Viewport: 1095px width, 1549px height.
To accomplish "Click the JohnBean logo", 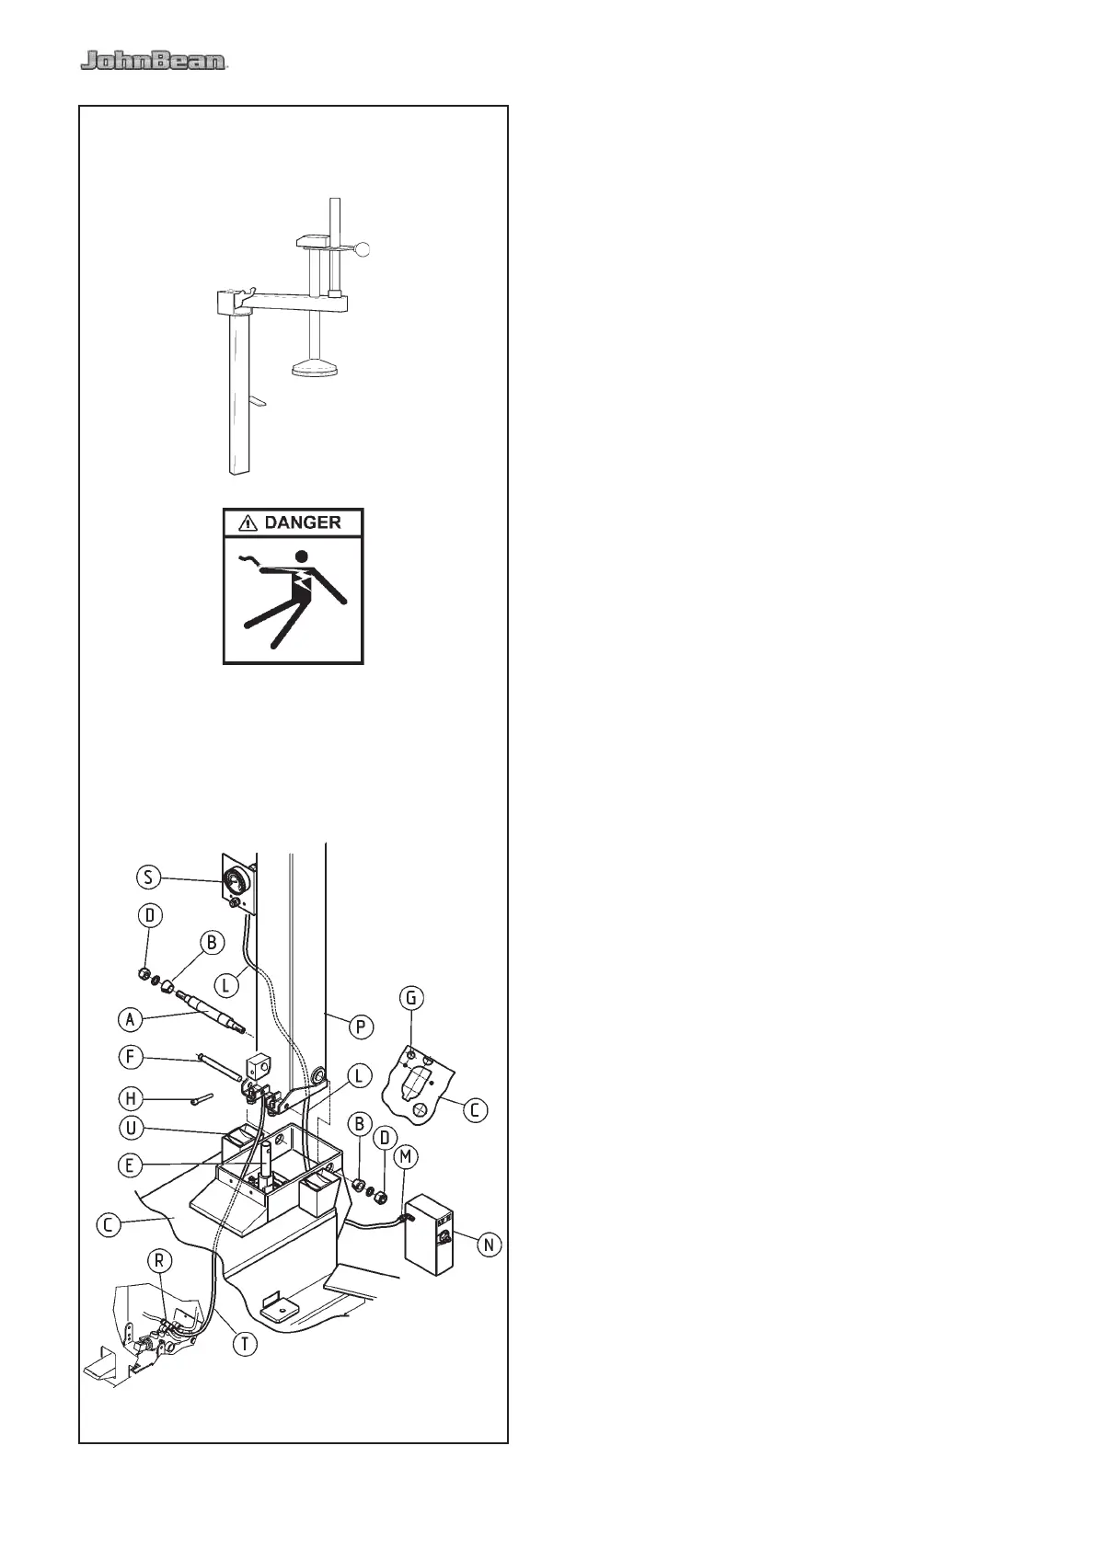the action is click(x=153, y=62).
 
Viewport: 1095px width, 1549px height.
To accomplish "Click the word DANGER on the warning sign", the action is click(x=303, y=522).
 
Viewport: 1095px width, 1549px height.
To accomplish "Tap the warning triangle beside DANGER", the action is click(x=247, y=523).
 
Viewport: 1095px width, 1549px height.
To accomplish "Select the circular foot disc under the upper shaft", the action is click(x=316, y=370).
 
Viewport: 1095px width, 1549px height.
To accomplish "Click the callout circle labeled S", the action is click(x=149, y=877).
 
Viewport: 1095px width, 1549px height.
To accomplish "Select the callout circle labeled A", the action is click(x=131, y=1018).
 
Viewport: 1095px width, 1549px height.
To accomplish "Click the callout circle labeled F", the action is click(x=131, y=1057).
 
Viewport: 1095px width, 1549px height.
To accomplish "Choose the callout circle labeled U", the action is click(x=131, y=1128).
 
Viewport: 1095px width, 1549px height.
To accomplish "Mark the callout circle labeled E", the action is click(x=131, y=1165).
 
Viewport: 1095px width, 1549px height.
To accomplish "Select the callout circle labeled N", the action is click(x=488, y=1245).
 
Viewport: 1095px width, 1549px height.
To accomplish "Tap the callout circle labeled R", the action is click(x=159, y=1286).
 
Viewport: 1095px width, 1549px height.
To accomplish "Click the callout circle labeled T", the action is click(x=244, y=1343).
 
